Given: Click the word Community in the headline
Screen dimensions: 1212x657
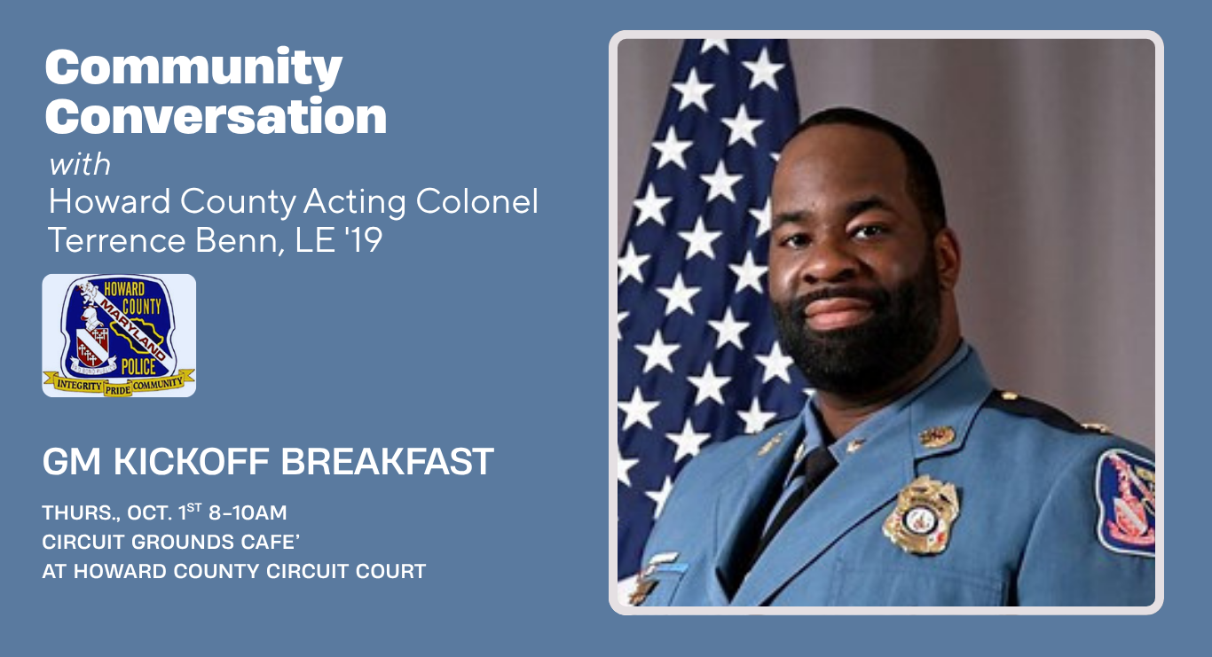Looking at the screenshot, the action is (x=193, y=67).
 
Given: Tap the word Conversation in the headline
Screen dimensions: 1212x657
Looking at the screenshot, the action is (x=216, y=116).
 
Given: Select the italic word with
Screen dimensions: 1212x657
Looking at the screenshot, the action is (x=80, y=164).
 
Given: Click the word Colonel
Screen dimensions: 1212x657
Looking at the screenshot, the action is (x=477, y=201).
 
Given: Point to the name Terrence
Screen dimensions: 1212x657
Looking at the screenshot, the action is (x=117, y=240).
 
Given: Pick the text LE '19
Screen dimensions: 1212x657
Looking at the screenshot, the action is (x=339, y=240).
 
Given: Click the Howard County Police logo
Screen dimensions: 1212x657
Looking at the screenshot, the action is (x=119, y=336).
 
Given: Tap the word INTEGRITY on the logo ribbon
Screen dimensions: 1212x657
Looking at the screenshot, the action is (x=79, y=385).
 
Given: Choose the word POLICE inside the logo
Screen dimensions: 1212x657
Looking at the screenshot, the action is (x=138, y=367).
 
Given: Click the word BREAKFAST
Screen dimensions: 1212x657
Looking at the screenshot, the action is (x=387, y=462).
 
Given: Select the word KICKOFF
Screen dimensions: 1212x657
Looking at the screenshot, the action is (x=191, y=462).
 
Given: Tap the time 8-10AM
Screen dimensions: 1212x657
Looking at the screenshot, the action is (x=248, y=512).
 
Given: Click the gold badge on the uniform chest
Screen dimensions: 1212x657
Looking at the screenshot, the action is (x=920, y=515).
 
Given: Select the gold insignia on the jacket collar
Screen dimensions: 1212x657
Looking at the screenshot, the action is (x=937, y=436).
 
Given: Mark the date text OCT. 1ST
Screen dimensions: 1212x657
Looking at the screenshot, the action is (x=164, y=512).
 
